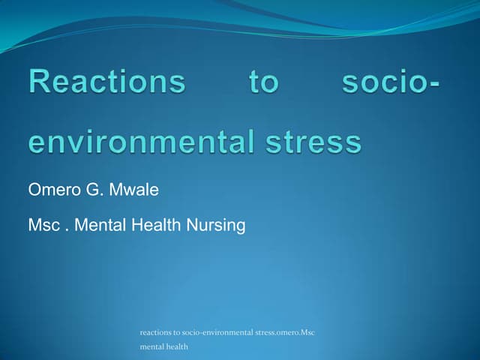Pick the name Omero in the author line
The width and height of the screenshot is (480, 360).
[x=51, y=190]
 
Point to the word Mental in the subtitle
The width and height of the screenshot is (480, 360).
[x=98, y=224]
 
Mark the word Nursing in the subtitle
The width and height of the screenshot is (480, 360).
[x=217, y=224]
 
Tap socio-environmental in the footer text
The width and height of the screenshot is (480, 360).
[x=218, y=332]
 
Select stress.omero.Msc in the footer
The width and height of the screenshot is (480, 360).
[x=286, y=332]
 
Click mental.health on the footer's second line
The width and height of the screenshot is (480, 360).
[x=164, y=347]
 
